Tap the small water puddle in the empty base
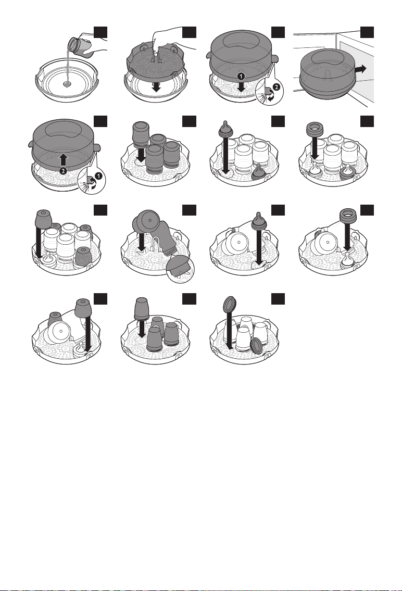[x=67, y=84]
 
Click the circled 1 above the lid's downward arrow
[x=241, y=76]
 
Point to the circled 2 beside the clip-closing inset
[x=276, y=86]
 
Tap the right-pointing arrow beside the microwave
[x=361, y=69]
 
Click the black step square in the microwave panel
[x=367, y=32]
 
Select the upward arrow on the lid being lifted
[x=64, y=159]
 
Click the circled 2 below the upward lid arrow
[x=64, y=170]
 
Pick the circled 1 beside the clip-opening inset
[x=99, y=175]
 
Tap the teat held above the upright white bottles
[x=225, y=128]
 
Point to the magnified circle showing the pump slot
[x=180, y=268]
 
